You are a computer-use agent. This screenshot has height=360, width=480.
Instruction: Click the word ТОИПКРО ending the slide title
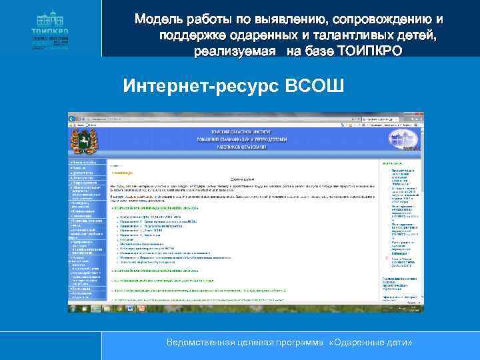370,50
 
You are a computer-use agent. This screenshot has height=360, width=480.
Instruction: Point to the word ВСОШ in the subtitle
314,86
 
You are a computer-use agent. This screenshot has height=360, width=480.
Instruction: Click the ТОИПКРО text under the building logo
50,31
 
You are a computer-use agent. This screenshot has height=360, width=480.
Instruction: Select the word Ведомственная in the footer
203,342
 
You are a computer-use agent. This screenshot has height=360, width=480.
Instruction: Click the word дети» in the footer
400,342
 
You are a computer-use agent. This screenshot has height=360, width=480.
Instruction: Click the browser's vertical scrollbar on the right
420,213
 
